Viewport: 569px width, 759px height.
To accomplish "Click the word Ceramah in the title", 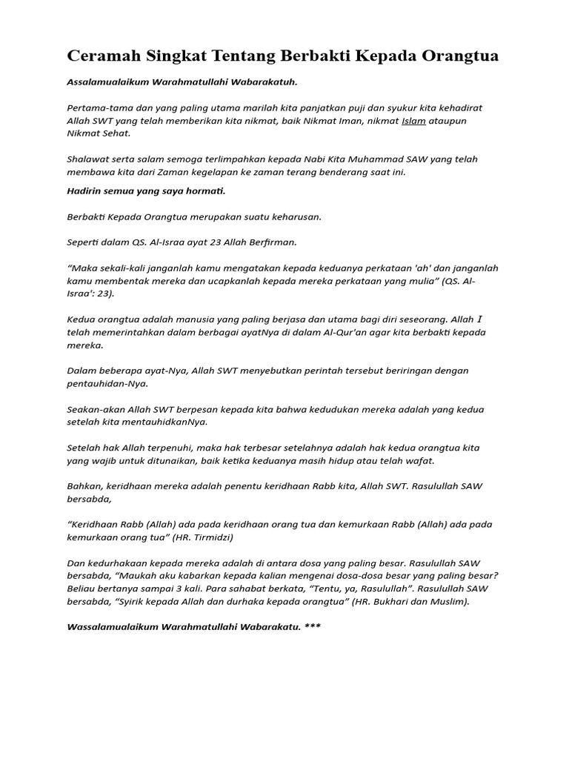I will point(102,56).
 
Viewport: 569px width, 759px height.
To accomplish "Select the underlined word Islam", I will point(413,121).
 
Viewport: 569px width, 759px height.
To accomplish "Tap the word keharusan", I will point(294,217).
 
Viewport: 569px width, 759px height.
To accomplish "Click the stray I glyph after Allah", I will point(479,319).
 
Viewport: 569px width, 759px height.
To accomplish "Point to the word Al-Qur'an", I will point(347,332).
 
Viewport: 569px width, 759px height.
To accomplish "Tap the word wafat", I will point(418,460).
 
